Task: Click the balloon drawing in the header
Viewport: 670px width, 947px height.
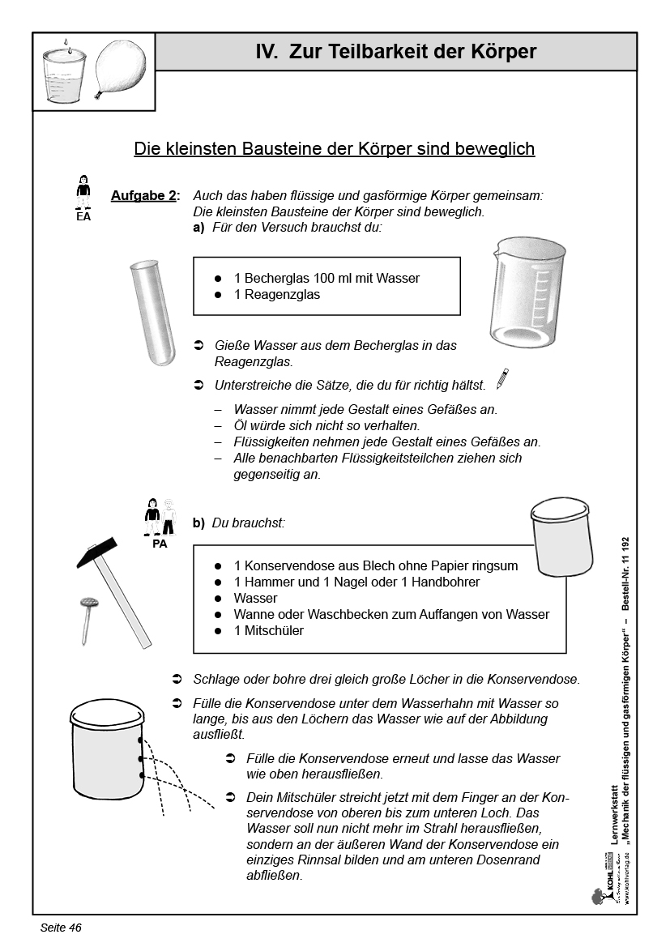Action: (x=122, y=70)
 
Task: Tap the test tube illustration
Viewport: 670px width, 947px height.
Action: (x=152, y=312)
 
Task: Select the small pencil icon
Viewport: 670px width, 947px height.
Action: (x=502, y=378)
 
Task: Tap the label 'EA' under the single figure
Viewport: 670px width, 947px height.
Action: (x=83, y=217)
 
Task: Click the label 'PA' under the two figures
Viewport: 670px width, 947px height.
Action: (x=160, y=544)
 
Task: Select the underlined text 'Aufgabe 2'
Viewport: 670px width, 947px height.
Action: (x=144, y=196)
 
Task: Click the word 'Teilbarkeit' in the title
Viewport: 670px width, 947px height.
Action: (x=378, y=53)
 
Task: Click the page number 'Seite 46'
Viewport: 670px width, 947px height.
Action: (x=61, y=928)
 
